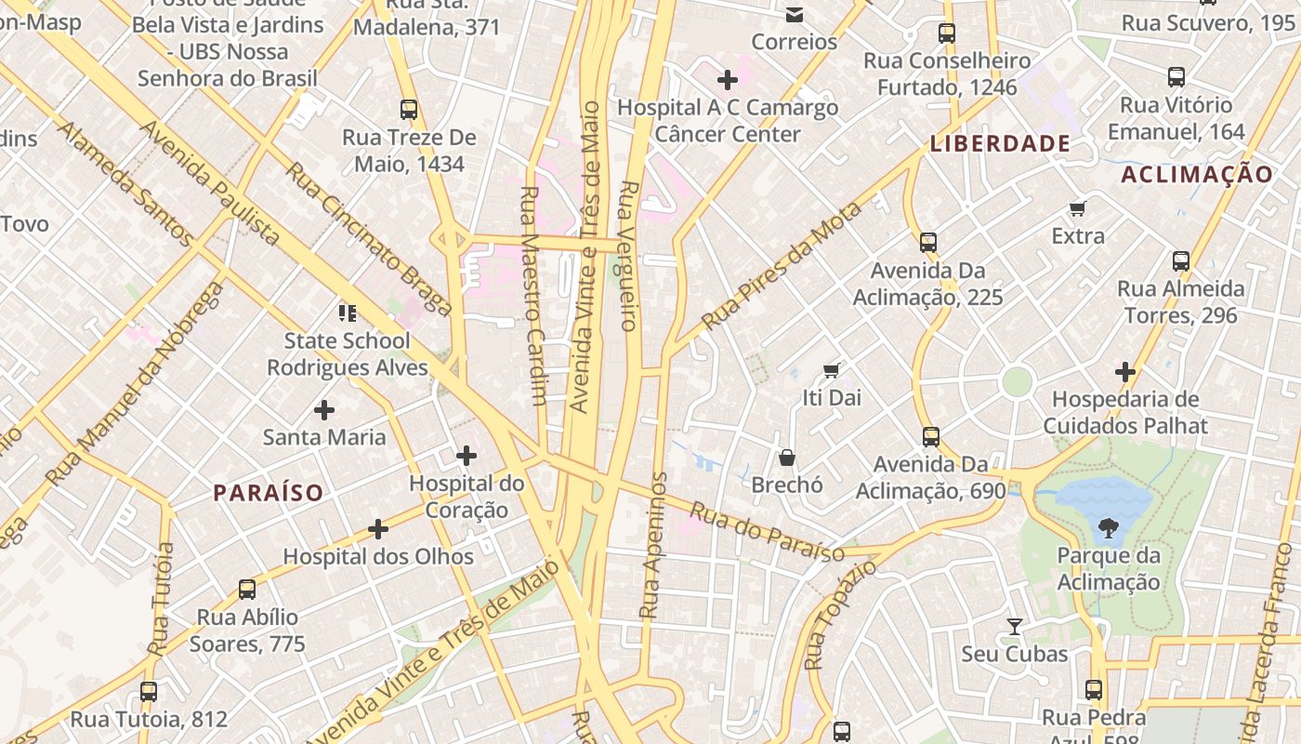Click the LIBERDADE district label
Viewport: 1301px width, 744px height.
pos(1000,143)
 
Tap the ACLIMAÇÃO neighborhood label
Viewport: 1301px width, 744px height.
pos(1196,174)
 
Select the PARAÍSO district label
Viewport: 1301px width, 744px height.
pos(269,493)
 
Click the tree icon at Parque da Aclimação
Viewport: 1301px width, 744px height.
pos(1108,529)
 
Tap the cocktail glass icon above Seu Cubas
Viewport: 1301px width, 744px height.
pos(1015,627)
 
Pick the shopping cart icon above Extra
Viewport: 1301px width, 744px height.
pos(1078,208)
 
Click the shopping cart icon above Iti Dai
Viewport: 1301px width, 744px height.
pos(832,370)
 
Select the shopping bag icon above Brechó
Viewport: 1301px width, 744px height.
pos(787,458)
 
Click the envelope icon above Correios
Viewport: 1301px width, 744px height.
pos(795,14)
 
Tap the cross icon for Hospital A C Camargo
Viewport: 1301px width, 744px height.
pos(728,80)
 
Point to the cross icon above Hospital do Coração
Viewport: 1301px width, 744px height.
pos(467,456)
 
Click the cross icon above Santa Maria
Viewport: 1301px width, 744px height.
pos(324,409)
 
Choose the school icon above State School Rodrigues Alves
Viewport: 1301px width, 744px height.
pos(347,312)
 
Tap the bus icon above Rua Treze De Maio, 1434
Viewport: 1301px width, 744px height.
pos(409,109)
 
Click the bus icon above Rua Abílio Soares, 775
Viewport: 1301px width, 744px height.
pos(247,589)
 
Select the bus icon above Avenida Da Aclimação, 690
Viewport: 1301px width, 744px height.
pos(931,436)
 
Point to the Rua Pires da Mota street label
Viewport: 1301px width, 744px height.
pos(782,267)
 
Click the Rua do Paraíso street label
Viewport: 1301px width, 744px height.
pos(767,534)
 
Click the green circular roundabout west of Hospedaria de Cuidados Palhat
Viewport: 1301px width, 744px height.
pos(1018,381)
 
